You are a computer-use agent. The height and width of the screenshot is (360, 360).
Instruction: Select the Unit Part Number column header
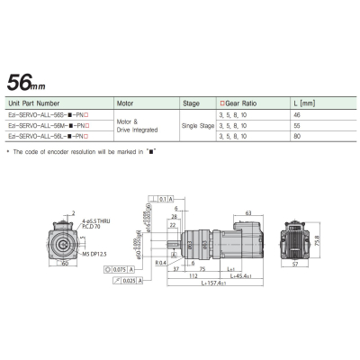click(40, 103)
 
